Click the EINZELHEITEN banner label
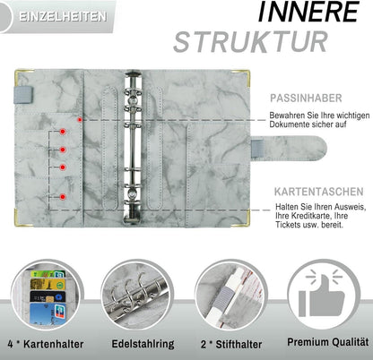[x=63, y=16]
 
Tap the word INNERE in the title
[x=308, y=12]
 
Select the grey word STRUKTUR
[x=251, y=42]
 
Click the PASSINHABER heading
[x=306, y=99]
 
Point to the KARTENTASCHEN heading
[x=319, y=192]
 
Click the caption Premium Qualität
[x=327, y=342]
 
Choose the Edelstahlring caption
[x=143, y=344]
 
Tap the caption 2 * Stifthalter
[x=231, y=344]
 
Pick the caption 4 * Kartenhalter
[x=46, y=344]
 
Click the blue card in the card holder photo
[x=48, y=314]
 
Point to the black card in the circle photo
[x=48, y=296]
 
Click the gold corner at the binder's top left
[x=20, y=74]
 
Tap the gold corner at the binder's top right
[x=245, y=75]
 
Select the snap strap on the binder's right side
[x=289, y=149]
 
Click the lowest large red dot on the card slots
[x=63, y=197]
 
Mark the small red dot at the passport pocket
[x=80, y=120]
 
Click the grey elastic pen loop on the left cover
[x=23, y=95]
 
